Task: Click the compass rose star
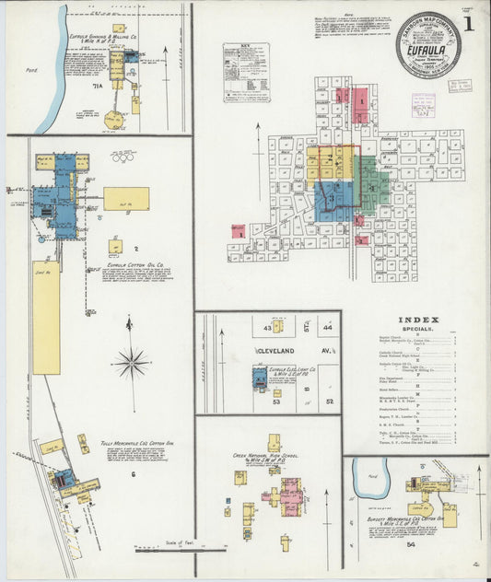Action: [x=132, y=363]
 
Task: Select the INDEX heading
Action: [x=419, y=320]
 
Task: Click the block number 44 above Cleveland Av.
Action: [x=327, y=327]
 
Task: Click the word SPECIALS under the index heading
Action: [x=419, y=329]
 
